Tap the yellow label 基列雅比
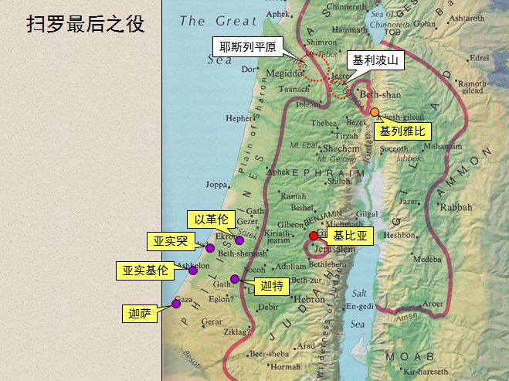pyautogui.click(x=402, y=131)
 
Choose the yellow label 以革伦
pyautogui.click(x=211, y=219)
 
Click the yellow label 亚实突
pyautogui.click(x=171, y=242)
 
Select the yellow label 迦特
pyautogui.click(x=271, y=287)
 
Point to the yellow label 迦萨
pyautogui.click(x=140, y=313)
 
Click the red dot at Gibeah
pyautogui.click(x=314, y=236)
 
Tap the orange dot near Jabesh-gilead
pyautogui.click(x=375, y=112)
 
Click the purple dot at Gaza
pyautogui.click(x=176, y=303)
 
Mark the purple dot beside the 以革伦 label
pyautogui.click(x=239, y=240)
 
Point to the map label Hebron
pyautogui.click(x=309, y=299)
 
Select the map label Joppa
pyautogui.click(x=217, y=185)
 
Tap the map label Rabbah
pyautogui.click(x=456, y=207)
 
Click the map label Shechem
pyautogui.click(x=340, y=148)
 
